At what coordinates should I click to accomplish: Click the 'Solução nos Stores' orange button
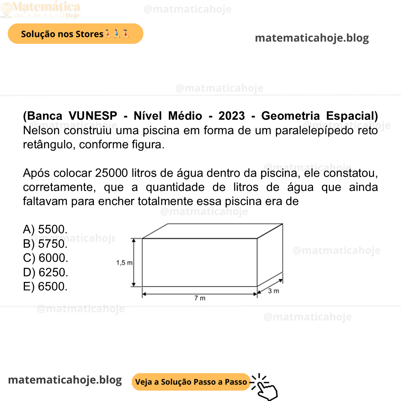point(75,34)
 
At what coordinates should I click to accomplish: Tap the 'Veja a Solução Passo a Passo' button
point(191,382)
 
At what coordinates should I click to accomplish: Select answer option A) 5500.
point(45,229)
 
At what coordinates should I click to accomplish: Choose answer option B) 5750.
point(45,244)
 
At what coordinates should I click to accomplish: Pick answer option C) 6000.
point(46,258)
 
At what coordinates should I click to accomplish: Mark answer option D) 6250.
point(46,272)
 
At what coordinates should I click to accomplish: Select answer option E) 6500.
point(45,286)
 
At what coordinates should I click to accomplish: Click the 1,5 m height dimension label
point(124,263)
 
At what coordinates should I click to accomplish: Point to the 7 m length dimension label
point(200,298)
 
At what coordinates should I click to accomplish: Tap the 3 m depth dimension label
point(273,291)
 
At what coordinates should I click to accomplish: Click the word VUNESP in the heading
point(92,116)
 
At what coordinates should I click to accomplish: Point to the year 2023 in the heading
point(231,116)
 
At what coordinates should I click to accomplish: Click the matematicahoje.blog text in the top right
point(312,38)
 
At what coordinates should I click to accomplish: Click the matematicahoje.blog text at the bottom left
point(65,380)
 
